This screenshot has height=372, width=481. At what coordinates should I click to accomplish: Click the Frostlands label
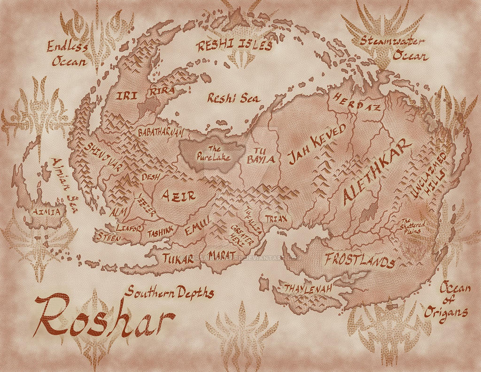(359, 260)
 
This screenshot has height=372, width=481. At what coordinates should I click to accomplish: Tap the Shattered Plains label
(412, 226)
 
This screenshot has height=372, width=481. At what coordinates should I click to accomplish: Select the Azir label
(178, 195)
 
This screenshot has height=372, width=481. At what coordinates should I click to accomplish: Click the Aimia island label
(45, 212)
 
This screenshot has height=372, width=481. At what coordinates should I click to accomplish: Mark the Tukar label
(178, 258)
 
